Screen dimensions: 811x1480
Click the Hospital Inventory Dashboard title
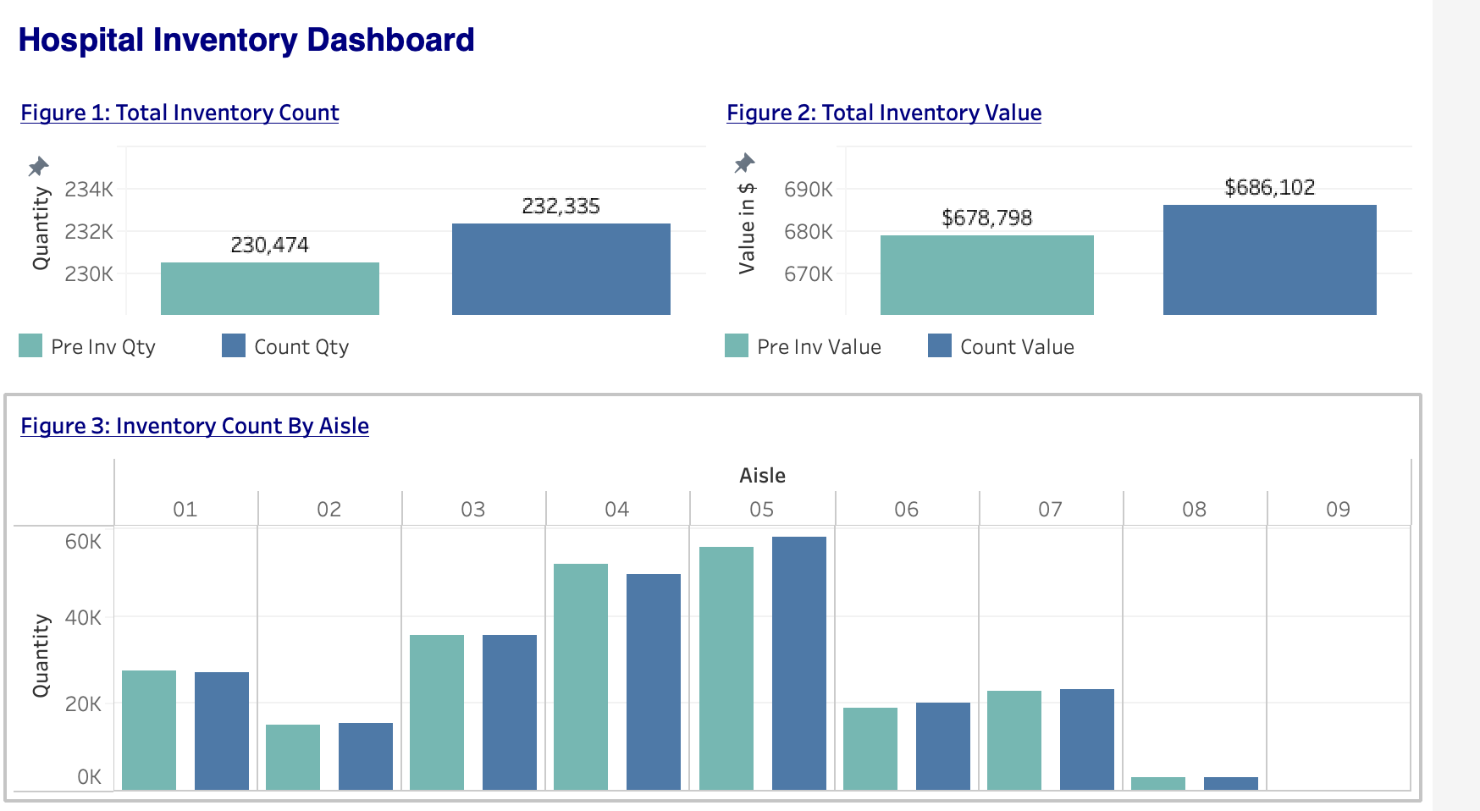246,40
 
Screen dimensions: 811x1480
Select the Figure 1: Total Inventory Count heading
179,113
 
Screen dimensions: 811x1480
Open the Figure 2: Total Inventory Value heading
884,113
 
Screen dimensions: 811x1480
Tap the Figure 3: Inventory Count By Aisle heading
195,426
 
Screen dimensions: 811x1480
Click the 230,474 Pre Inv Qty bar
270,289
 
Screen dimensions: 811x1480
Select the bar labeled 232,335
561,269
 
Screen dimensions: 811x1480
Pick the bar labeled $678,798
987,275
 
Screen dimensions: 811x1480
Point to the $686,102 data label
1269,187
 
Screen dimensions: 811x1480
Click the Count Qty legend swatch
234,345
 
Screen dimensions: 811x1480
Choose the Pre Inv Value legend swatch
737,345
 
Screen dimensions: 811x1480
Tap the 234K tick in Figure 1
89,189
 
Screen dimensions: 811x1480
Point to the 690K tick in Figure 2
808,189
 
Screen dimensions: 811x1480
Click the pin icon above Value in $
744,163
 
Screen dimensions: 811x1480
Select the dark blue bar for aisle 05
799,664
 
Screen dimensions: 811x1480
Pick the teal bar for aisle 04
581,677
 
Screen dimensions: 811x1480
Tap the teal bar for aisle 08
1158,783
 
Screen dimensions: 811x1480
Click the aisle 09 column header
1338,509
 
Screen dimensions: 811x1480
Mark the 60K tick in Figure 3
83,541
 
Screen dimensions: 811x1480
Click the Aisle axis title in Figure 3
762,476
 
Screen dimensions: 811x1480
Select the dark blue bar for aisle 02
366,756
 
